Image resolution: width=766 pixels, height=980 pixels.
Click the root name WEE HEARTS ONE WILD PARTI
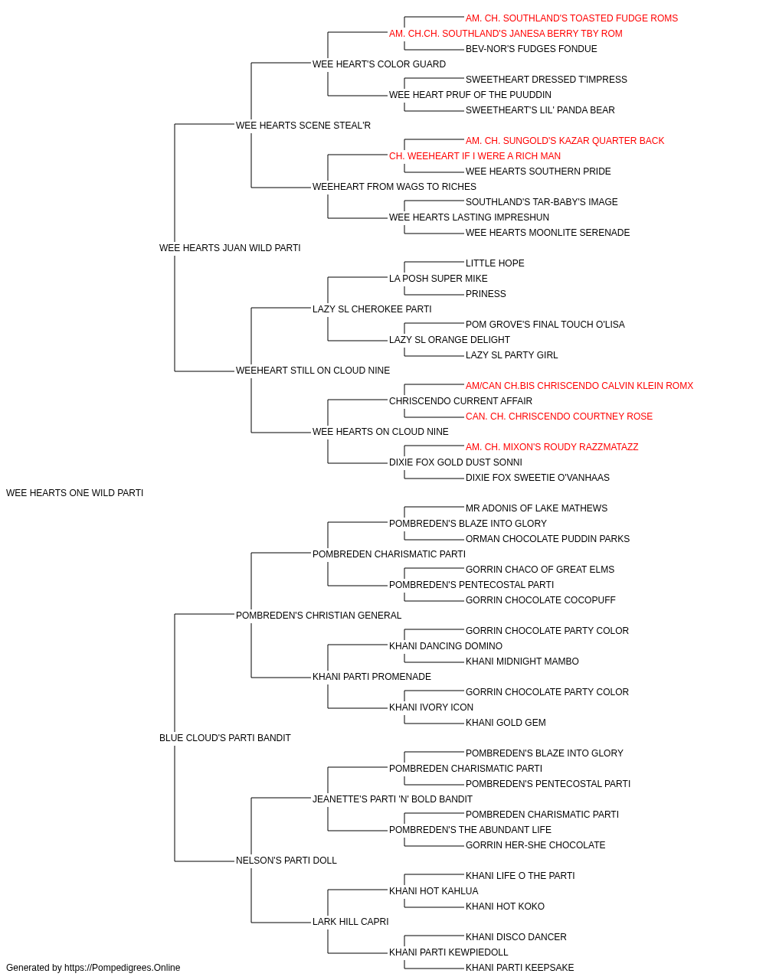(74, 493)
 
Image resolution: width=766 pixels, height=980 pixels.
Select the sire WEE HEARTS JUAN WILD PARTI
(230, 248)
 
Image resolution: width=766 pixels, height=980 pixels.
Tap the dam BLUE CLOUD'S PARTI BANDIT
(224, 738)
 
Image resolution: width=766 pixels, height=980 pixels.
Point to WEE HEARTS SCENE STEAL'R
(303, 126)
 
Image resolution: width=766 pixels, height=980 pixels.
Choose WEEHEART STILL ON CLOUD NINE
(313, 371)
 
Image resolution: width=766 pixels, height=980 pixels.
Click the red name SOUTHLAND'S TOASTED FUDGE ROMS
(591, 18)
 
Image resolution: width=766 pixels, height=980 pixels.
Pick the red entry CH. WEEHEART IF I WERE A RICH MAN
(475, 156)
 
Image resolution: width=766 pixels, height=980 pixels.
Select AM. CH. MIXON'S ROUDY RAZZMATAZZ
(552, 447)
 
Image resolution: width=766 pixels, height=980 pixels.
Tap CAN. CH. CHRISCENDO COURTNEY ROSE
(559, 416)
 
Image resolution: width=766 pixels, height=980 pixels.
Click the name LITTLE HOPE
(495, 263)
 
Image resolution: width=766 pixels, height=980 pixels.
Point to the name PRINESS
(486, 294)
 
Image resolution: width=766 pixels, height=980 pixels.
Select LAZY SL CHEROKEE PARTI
(372, 309)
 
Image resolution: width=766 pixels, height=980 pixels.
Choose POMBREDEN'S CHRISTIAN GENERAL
(319, 616)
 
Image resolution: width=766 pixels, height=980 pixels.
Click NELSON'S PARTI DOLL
(286, 861)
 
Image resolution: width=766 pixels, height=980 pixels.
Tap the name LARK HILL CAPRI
(351, 922)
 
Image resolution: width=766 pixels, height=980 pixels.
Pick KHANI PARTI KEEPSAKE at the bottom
(519, 968)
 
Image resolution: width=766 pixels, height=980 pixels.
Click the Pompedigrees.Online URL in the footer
(123, 968)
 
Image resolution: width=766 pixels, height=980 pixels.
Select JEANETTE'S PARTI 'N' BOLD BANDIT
(392, 799)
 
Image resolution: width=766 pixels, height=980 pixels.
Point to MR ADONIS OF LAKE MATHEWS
(536, 508)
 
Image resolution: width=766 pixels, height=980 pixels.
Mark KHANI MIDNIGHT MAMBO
(522, 661)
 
